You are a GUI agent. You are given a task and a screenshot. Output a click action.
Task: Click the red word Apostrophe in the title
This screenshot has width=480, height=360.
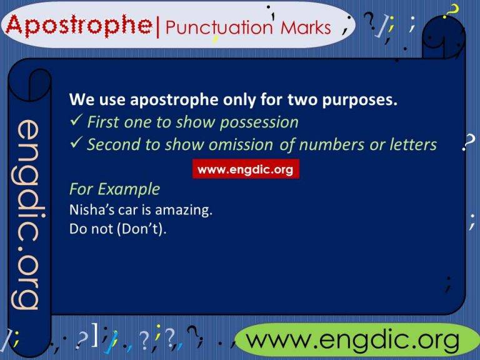80,26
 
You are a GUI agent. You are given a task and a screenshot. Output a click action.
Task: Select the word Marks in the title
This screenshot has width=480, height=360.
305,28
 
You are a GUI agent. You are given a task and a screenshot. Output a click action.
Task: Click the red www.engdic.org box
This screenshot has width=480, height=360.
245,169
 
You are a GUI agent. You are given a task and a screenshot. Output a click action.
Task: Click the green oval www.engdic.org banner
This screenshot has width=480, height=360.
353,341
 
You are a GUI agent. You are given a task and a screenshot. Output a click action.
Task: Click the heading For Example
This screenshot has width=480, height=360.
114,189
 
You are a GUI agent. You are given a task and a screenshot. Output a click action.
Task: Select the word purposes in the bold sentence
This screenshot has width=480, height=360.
366,100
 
